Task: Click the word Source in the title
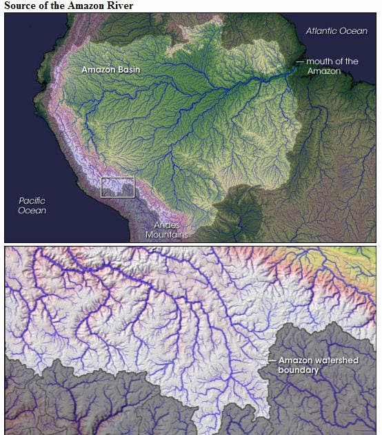click(x=21, y=6)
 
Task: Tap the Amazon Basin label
click(x=110, y=70)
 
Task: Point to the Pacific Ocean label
click(x=32, y=205)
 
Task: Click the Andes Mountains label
click(x=166, y=230)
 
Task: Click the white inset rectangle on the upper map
click(x=118, y=186)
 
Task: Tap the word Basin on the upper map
click(x=128, y=70)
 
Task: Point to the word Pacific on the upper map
click(x=32, y=200)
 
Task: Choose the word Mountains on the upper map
click(x=166, y=235)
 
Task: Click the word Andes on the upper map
click(x=166, y=225)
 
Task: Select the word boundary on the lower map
click(x=299, y=370)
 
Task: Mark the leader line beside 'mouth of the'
click(x=299, y=62)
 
